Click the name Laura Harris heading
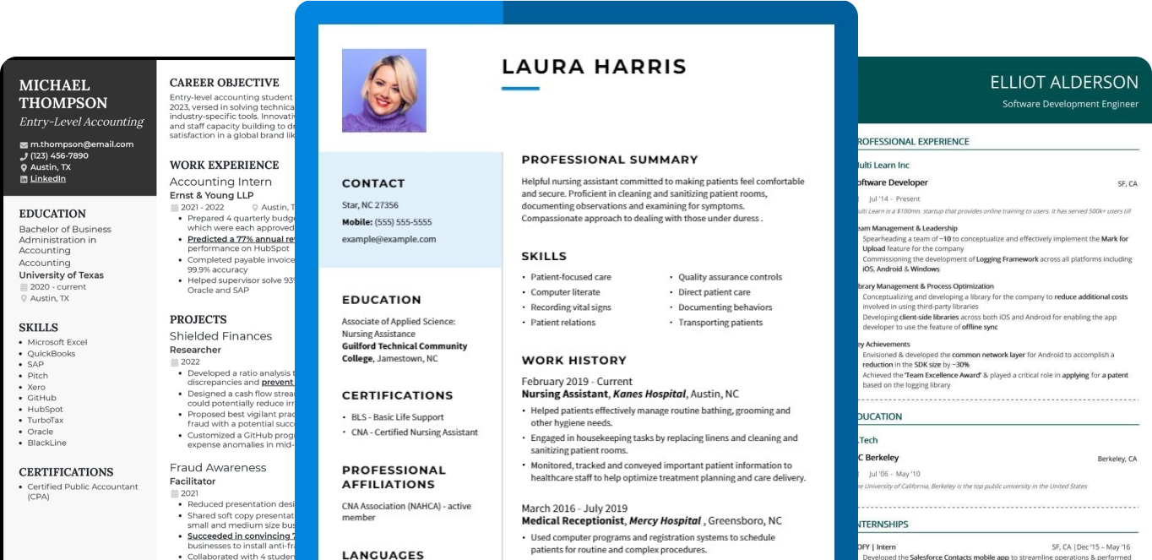[594, 67]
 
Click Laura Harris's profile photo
[383, 90]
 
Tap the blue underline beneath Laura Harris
[520, 88]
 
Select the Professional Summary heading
[610, 160]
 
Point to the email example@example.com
[389, 239]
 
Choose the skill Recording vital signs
[571, 307]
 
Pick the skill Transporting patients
[720, 323]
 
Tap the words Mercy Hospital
[666, 520]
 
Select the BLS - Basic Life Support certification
[398, 417]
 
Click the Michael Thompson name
[63, 94]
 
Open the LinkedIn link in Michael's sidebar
[48, 179]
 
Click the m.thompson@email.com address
[82, 144]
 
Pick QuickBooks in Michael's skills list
[52, 354]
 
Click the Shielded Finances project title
[220, 336]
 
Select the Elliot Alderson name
[1064, 82]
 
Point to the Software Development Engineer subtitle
[1070, 104]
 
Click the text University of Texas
[62, 275]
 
